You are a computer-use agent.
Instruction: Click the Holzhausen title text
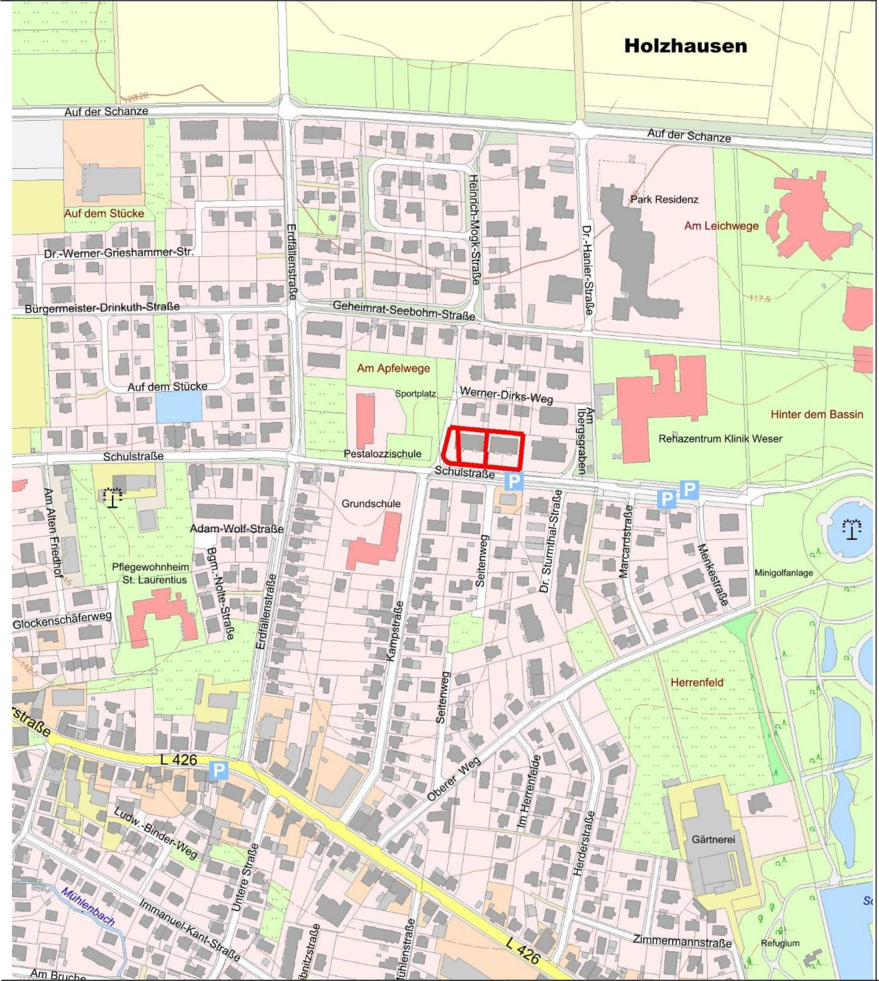(685, 46)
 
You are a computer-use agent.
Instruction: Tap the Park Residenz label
(664, 199)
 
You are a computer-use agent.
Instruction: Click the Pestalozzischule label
(383, 454)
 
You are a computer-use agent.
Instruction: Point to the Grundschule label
(371, 504)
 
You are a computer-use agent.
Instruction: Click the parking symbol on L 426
(219, 770)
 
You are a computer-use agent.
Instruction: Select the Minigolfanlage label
(783, 573)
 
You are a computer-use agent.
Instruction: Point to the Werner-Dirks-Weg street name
(506, 395)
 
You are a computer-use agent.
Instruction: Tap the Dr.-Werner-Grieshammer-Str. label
(118, 253)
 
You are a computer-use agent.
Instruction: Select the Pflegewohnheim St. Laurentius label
(150, 573)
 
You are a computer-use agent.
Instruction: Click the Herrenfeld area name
(697, 683)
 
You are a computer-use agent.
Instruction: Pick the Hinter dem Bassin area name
(816, 414)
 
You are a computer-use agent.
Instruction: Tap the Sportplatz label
(415, 393)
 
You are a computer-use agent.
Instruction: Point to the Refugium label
(780, 942)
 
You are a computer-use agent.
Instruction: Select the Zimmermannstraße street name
(682, 942)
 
